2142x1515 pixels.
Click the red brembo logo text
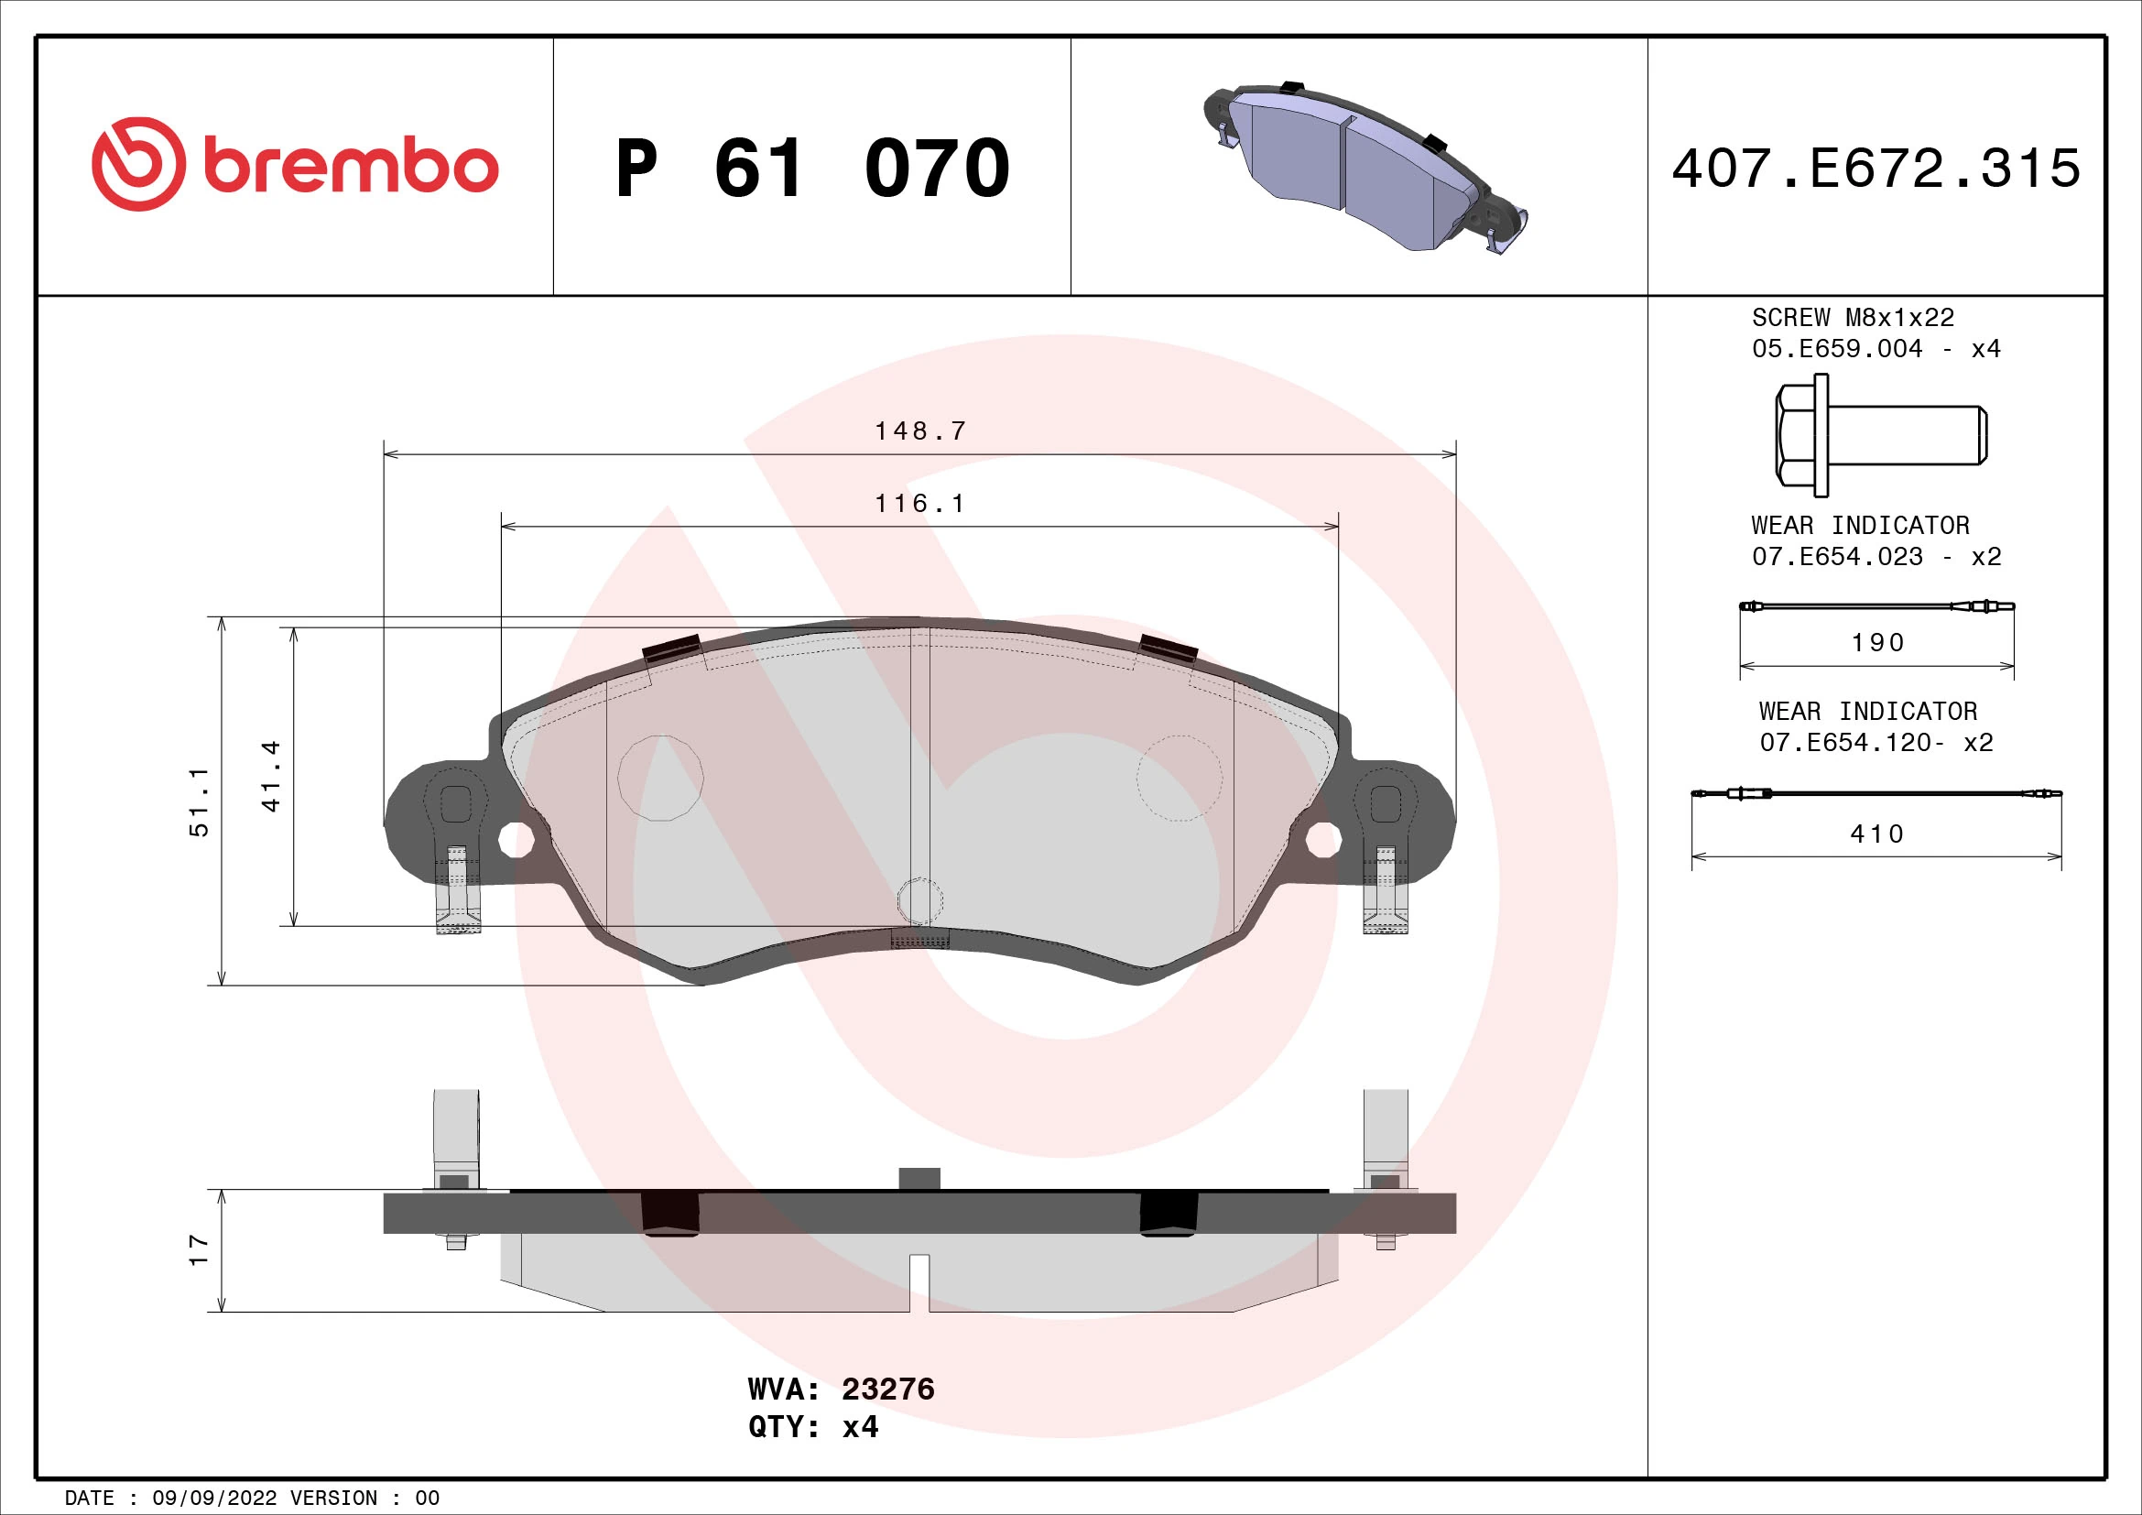click(x=350, y=167)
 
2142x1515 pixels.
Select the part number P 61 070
click(x=811, y=169)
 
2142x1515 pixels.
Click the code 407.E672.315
click(x=1876, y=169)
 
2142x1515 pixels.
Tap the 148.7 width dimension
click(x=919, y=431)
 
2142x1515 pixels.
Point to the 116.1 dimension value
click(x=919, y=504)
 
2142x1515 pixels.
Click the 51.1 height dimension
click(x=199, y=802)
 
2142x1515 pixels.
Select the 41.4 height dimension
click(x=270, y=776)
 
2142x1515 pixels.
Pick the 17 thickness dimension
click(x=199, y=1250)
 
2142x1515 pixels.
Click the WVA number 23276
click(x=887, y=1390)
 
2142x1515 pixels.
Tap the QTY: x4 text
click(x=812, y=1427)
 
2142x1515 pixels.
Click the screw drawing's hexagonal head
click(x=1796, y=436)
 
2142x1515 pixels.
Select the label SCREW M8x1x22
click(x=1853, y=318)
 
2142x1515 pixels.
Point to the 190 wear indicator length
click(x=1877, y=643)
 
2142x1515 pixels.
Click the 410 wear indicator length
click(x=1877, y=834)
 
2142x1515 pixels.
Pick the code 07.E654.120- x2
click(x=1876, y=743)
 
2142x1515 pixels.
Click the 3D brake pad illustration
click(x=1362, y=168)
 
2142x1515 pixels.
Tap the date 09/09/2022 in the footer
click(x=213, y=1499)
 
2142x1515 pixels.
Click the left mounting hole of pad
click(x=515, y=840)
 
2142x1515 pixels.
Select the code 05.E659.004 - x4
click(x=1876, y=349)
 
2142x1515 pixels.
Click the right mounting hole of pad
click(x=1322, y=840)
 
